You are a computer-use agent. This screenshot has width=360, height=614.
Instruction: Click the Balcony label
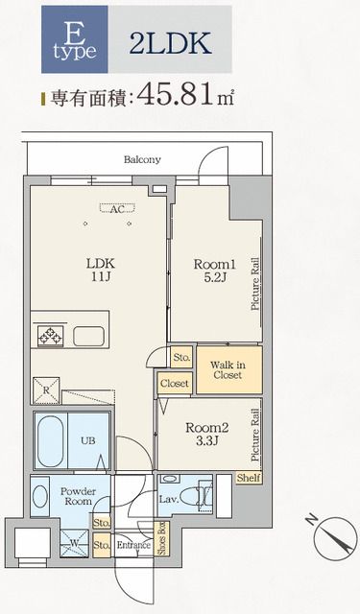pyautogui.click(x=142, y=159)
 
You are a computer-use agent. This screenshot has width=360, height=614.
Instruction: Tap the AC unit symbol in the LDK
pyautogui.click(x=117, y=208)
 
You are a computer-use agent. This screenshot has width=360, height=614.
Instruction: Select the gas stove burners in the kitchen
pyautogui.click(x=50, y=336)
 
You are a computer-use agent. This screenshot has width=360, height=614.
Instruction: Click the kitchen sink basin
pyautogui.click(x=88, y=337)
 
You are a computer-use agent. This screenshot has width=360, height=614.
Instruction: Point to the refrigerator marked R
pyautogui.click(x=46, y=390)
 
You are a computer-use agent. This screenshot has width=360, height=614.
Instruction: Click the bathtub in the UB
pyautogui.click(x=50, y=441)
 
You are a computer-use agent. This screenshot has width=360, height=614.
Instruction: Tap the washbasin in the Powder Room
pyautogui.click(x=40, y=497)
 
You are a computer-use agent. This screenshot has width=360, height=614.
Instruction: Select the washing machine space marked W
pyautogui.click(x=74, y=543)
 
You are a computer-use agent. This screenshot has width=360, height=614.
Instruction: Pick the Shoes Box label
pyautogui.click(x=160, y=537)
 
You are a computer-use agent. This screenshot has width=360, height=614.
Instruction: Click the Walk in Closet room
pyautogui.click(x=228, y=369)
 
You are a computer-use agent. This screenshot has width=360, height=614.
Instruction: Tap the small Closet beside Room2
pyautogui.click(x=175, y=383)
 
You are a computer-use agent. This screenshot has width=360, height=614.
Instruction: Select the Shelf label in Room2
pyautogui.click(x=249, y=478)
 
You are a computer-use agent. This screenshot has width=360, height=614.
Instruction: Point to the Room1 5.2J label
pyautogui.click(x=215, y=271)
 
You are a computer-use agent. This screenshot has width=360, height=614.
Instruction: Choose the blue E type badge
pyautogui.click(x=75, y=39)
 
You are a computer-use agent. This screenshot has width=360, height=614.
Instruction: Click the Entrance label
pyautogui.click(x=133, y=545)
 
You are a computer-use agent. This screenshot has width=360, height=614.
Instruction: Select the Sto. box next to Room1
pyautogui.click(x=181, y=357)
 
